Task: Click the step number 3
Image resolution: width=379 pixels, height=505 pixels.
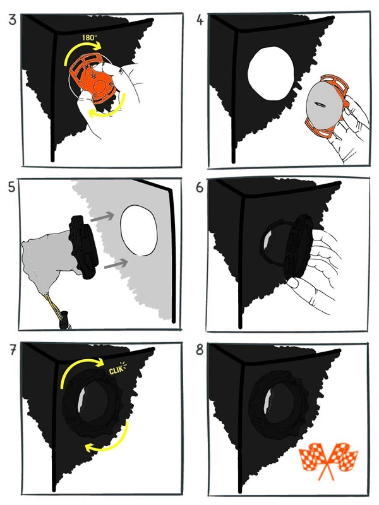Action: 12,20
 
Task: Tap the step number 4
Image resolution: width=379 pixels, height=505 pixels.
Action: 200,20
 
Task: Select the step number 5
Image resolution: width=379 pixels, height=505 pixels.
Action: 11,187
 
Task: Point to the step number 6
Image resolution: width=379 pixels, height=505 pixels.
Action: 200,187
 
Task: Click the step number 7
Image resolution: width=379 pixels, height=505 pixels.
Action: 12,350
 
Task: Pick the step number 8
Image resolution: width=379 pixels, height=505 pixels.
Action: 200,350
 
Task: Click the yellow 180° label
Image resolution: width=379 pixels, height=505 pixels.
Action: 89,38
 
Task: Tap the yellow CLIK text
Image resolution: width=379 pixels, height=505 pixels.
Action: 116,369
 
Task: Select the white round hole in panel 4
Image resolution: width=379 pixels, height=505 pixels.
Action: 271,73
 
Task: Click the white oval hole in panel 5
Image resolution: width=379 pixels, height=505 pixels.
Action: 139,230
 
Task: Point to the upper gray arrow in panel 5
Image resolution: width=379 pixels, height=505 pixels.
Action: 102,217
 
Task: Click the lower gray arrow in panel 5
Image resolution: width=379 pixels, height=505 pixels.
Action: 116,264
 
